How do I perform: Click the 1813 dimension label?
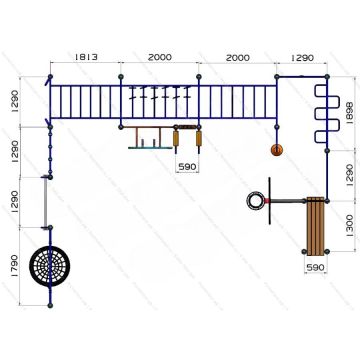86,57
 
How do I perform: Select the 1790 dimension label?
14,266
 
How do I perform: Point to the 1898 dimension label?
350,113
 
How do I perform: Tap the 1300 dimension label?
350,226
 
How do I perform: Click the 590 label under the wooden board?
315,267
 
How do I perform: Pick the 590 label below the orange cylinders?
187,167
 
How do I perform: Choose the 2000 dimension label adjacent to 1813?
160,57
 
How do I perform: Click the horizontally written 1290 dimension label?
302,58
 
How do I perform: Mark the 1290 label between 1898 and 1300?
350,175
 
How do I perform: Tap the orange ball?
277,150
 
